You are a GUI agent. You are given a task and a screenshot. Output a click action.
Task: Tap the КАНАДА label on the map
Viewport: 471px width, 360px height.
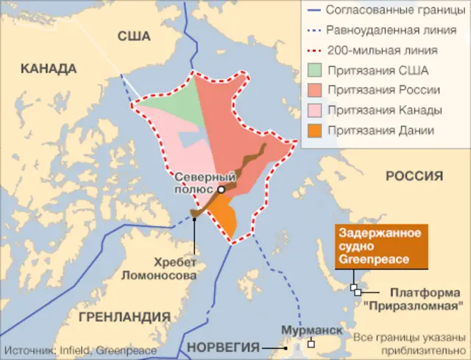coord(49,69)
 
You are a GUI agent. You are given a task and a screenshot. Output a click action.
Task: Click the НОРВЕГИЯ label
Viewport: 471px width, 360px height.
coord(224,347)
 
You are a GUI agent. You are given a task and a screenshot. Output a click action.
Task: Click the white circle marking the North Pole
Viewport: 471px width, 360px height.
coord(221,189)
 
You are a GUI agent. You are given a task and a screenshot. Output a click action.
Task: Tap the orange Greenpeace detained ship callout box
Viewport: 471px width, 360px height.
coord(380,247)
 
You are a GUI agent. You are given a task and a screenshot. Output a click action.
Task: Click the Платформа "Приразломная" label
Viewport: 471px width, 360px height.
coord(426,297)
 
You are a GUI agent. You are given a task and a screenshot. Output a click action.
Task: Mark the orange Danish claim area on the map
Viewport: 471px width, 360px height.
coord(224,217)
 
